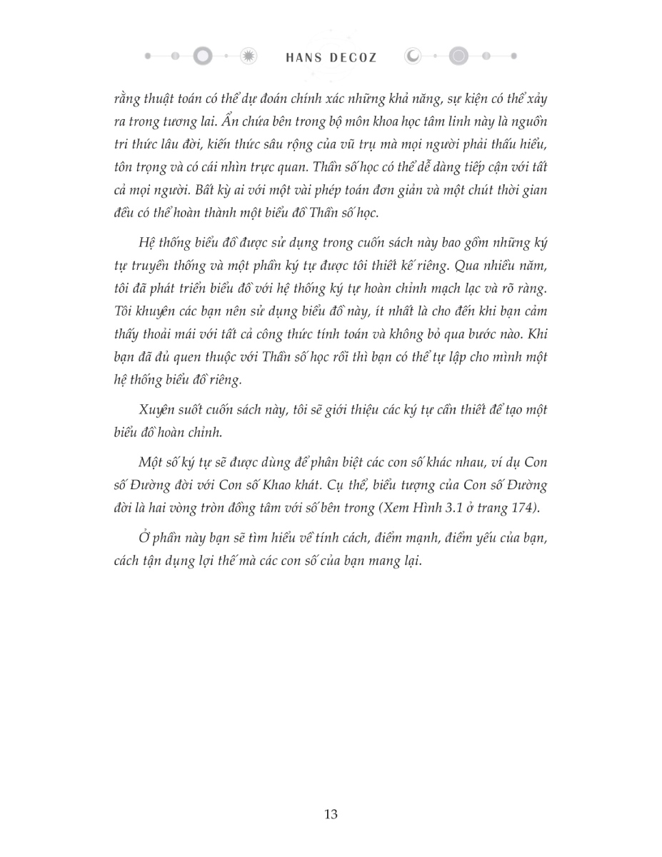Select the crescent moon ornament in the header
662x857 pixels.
pyautogui.click(x=413, y=56)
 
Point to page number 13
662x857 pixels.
pyautogui.click(x=331, y=814)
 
